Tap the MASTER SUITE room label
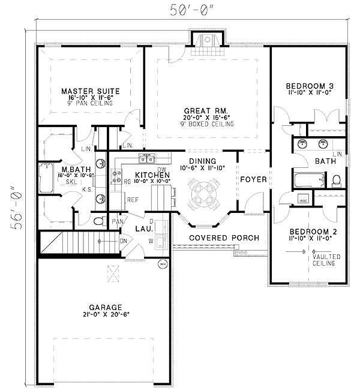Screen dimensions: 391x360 click(x=91, y=91)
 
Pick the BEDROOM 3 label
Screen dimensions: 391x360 click(x=309, y=86)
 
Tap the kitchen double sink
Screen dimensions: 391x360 click(x=146, y=158)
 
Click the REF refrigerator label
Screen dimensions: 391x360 click(x=132, y=200)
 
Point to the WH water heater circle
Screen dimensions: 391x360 click(x=162, y=263)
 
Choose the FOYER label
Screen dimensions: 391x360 click(x=253, y=179)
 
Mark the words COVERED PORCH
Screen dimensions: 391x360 click(x=224, y=238)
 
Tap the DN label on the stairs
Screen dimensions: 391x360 click(x=123, y=242)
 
